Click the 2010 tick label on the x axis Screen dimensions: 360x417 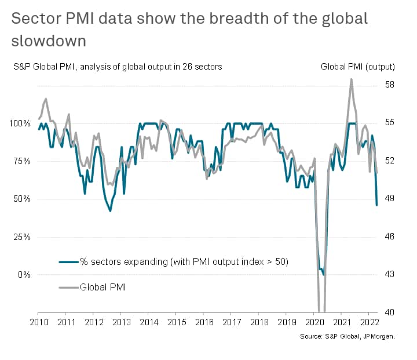39,322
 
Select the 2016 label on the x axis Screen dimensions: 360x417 204,322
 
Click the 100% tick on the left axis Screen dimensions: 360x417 23,123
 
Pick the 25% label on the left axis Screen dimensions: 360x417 24,237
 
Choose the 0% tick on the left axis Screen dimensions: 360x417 26,275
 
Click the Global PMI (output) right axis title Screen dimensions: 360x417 358,67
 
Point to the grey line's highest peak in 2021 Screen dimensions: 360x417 352,79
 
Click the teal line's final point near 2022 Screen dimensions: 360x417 377,205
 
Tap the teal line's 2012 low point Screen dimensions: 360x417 110,211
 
